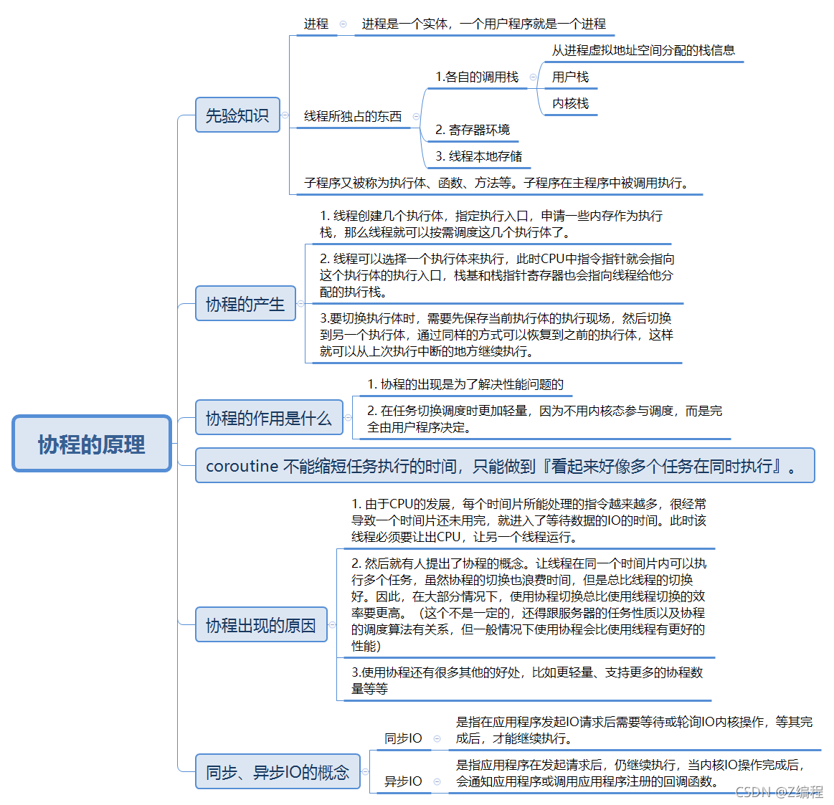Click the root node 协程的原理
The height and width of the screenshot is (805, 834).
pos(92,444)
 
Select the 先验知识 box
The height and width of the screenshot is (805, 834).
pos(237,115)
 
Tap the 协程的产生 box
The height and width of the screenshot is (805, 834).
pos(245,304)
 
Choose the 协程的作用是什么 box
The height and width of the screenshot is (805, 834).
pos(269,418)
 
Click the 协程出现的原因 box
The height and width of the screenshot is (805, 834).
pos(261,625)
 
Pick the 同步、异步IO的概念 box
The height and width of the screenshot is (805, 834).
pos(278,772)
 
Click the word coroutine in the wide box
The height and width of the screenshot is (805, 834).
pos(242,466)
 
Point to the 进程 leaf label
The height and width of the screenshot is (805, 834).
pos(316,24)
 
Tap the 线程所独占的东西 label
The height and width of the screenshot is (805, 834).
pos(353,116)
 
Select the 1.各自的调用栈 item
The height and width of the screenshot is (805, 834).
pos(477,77)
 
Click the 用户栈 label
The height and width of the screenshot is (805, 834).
pos(570,77)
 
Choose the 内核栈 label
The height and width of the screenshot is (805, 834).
pos(570,103)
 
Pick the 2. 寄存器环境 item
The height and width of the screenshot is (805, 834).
pos(473,130)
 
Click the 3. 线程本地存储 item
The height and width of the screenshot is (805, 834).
pos(478,156)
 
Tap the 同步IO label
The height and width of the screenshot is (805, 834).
pos(403,738)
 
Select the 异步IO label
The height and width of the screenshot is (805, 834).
pos(403,781)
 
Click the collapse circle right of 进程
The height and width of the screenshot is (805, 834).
pos(343,24)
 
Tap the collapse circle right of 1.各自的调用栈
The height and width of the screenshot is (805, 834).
pos(533,77)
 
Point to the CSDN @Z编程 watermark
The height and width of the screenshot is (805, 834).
pos(779,791)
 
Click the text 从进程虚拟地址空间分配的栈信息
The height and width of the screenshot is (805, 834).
pos(643,50)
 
